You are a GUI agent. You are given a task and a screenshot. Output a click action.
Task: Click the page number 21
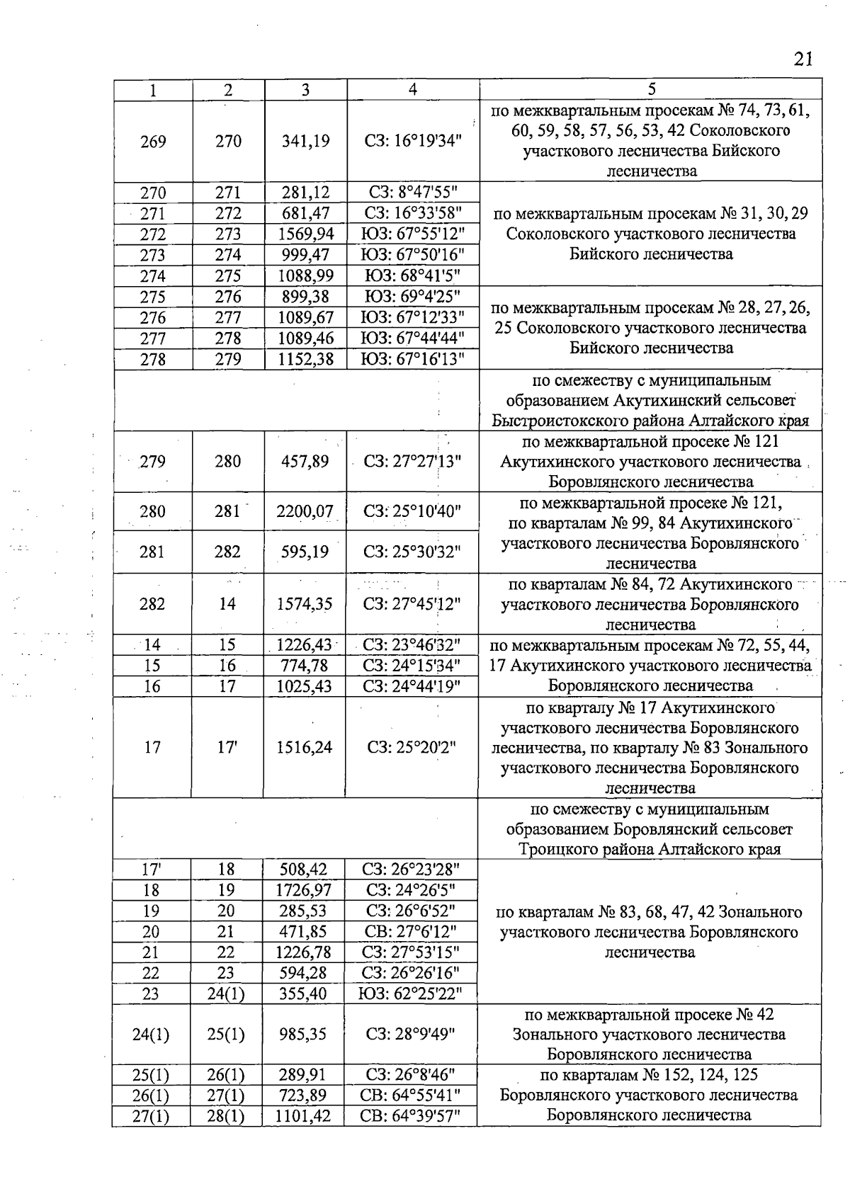[x=803, y=59]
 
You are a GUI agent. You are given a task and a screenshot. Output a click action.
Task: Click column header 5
[x=651, y=89]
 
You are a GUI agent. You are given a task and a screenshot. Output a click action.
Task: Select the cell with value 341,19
[x=305, y=141]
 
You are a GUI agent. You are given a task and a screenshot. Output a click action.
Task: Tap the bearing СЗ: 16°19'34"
[x=413, y=141]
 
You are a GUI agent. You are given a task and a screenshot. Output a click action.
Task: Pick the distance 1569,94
[x=305, y=234]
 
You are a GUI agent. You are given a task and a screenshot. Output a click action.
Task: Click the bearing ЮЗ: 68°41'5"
[x=413, y=276]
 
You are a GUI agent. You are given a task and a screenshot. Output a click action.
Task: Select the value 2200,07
[x=305, y=511]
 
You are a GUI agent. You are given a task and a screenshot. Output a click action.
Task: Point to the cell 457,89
[x=305, y=462]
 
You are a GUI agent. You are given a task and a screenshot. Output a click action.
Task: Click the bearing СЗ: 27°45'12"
[x=412, y=604]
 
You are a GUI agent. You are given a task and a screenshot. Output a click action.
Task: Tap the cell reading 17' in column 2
[x=227, y=747]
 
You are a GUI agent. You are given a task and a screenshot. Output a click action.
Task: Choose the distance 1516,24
[x=305, y=747]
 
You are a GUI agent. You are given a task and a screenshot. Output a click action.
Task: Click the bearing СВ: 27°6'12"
[x=412, y=932]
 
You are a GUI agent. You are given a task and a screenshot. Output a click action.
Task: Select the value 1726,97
[x=303, y=890]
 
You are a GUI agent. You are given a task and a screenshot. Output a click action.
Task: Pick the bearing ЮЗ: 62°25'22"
[x=411, y=994]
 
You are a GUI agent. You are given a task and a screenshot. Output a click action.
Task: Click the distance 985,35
[x=302, y=1035]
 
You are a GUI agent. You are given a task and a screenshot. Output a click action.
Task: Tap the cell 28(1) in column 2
[x=226, y=1117]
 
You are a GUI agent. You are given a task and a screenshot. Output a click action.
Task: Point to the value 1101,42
[x=302, y=1117]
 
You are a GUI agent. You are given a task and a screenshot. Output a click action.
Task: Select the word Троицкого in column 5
[x=550, y=849]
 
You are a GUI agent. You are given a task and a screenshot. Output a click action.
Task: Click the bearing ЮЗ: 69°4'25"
[x=413, y=297]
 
